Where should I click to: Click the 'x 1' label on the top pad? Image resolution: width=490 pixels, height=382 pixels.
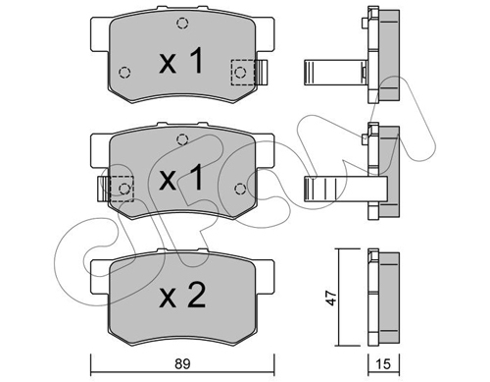(x=180, y=63)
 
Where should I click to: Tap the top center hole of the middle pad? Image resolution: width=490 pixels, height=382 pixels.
(x=179, y=138)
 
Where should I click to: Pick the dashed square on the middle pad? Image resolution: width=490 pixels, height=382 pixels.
(x=121, y=187)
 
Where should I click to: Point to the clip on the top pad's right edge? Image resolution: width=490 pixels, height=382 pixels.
(x=262, y=72)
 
